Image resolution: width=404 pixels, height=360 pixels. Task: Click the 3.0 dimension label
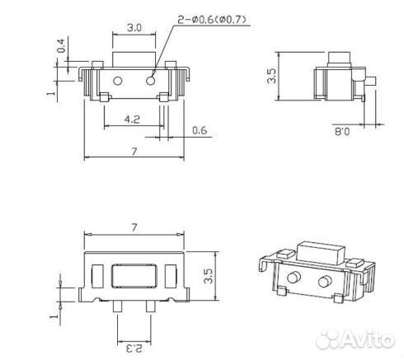tap(134, 28)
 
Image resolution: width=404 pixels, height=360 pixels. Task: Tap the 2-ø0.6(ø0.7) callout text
tap(212, 20)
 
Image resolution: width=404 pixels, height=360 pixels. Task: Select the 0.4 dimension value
tap(61, 45)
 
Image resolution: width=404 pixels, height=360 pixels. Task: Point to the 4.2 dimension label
tap(132, 119)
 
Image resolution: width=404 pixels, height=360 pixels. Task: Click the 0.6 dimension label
tap(200, 130)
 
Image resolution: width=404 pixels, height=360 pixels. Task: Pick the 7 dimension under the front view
tap(134, 152)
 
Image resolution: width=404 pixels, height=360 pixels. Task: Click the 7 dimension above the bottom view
tap(134, 227)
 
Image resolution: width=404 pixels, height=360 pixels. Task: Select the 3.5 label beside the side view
tap(271, 76)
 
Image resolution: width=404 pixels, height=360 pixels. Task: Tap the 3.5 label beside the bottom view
tap(208, 276)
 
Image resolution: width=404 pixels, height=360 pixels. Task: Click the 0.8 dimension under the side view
tap(342, 132)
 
